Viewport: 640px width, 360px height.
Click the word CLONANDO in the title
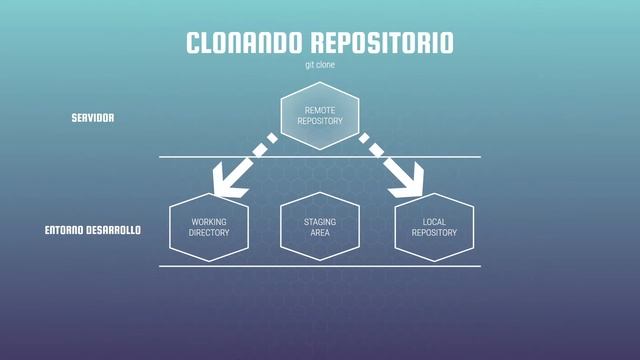[243, 43]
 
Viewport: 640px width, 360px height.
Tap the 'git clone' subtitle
[320, 65]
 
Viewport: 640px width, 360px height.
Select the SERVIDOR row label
[93, 117]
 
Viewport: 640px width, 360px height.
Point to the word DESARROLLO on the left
[112, 230]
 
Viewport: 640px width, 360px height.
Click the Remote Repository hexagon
[320, 115]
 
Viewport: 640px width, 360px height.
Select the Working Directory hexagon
[209, 227]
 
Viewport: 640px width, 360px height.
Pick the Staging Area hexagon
[320, 227]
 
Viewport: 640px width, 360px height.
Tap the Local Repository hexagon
[434, 227]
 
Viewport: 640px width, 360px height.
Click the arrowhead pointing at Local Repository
[409, 180]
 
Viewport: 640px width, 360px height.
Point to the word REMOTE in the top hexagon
[320, 109]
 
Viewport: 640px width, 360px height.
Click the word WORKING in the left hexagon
[209, 221]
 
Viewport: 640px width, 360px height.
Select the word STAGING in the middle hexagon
[320, 221]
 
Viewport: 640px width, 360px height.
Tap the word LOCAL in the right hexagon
[434, 221]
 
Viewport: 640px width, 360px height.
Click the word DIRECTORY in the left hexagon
[209, 233]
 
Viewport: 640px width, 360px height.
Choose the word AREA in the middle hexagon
[320, 233]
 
